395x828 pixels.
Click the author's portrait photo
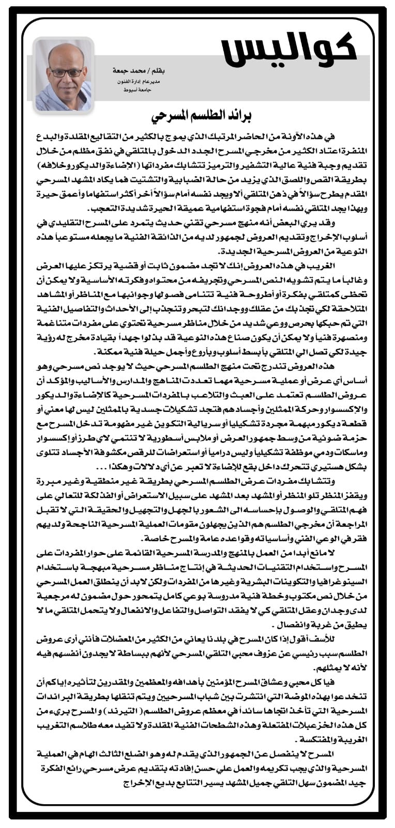coord(64,74)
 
